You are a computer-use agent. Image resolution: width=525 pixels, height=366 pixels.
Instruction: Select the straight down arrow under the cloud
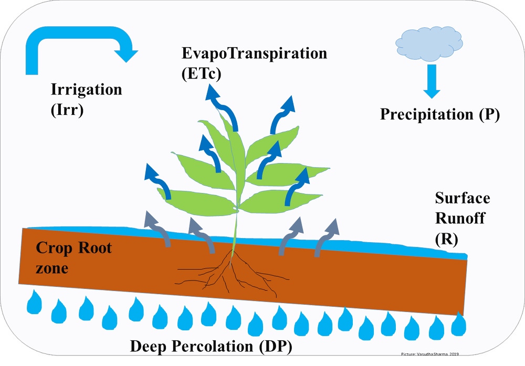click(432, 82)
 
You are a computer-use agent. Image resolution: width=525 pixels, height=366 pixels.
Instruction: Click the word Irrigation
click(86, 89)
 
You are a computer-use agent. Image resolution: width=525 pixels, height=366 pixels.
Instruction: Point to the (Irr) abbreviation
click(67, 111)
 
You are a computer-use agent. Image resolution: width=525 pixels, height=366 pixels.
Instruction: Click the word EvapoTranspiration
click(254, 53)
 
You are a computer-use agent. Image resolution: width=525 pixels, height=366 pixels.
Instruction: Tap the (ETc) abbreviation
click(201, 73)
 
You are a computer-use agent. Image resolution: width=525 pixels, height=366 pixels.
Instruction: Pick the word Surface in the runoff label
click(463, 198)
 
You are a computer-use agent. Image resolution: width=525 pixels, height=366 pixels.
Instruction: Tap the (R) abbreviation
click(447, 239)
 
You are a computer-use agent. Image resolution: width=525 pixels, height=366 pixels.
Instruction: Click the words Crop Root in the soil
click(73, 248)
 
